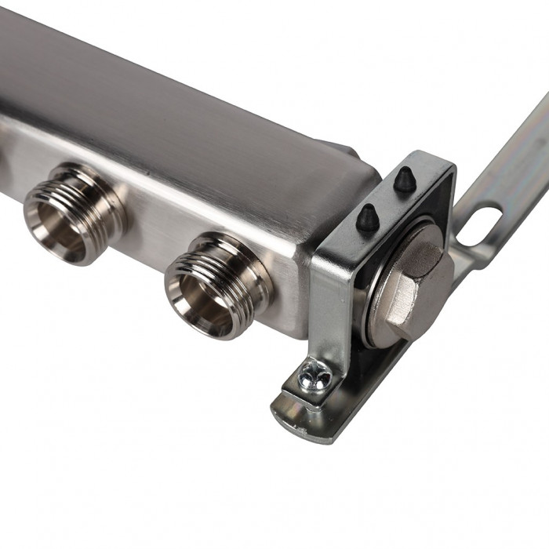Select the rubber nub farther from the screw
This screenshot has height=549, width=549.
click(x=404, y=181)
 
